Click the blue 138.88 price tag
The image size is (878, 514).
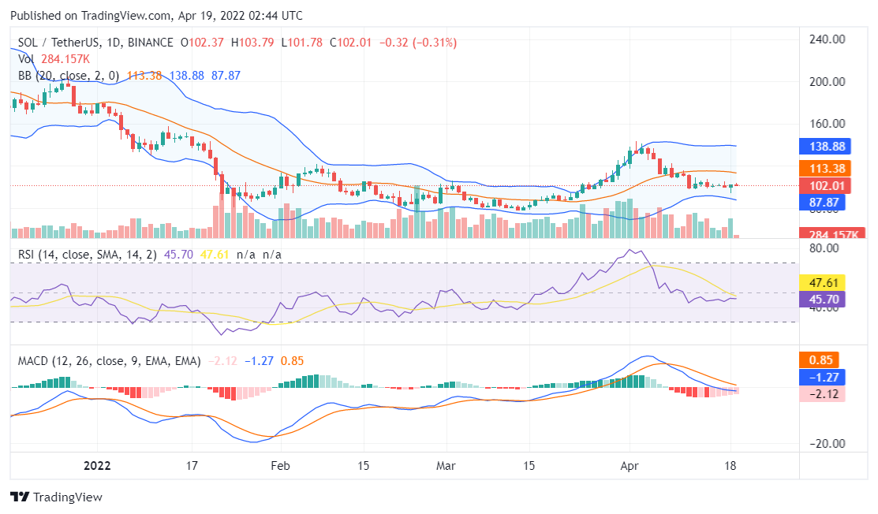(x=823, y=147)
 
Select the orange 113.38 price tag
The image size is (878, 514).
(x=823, y=168)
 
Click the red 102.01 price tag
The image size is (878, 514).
(x=823, y=186)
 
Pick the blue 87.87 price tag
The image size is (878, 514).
(x=823, y=202)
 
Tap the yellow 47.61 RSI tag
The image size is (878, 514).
(x=823, y=282)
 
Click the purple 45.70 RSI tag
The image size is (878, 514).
(x=823, y=299)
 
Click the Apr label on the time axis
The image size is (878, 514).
(x=630, y=465)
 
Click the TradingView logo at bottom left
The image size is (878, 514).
(x=56, y=497)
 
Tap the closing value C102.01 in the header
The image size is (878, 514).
(x=351, y=43)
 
